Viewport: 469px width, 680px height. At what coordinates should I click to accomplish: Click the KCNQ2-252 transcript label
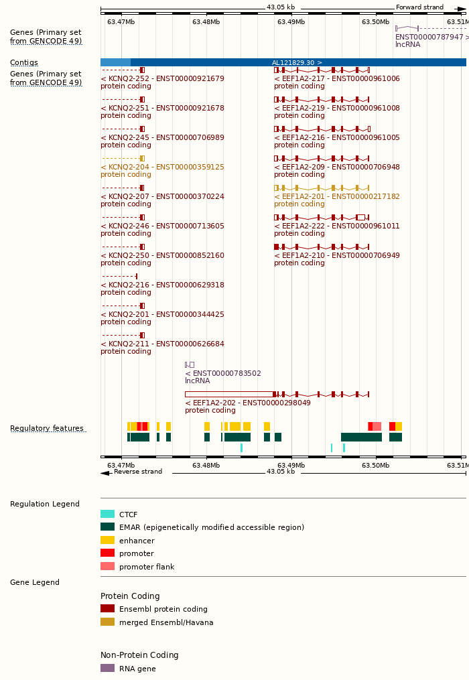pyautogui.click(x=162, y=78)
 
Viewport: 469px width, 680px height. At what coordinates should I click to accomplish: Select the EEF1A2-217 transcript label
pyautogui.click(x=336, y=78)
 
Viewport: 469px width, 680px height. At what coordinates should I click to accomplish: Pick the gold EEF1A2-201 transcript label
pyautogui.click(x=336, y=196)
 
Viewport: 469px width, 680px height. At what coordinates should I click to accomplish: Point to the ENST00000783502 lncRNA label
pyautogui.click(x=223, y=373)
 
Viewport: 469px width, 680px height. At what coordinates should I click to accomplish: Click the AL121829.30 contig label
pyautogui.click(x=297, y=62)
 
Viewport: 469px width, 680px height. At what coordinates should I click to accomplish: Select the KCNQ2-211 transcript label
pyautogui.click(x=162, y=344)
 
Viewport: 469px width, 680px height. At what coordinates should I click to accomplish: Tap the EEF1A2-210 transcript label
pyautogui.click(x=336, y=255)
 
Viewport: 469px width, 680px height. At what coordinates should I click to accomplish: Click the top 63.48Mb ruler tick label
pyautogui.click(x=206, y=22)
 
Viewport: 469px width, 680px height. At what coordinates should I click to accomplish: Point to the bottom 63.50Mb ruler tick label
pyautogui.click(x=375, y=465)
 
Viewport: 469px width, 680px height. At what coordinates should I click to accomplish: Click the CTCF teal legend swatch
pyautogui.click(x=107, y=515)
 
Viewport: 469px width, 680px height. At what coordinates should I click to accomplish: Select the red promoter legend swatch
pyautogui.click(x=107, y=553)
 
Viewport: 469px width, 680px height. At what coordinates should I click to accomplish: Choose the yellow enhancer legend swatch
pyautogui.click(x=107, y=540)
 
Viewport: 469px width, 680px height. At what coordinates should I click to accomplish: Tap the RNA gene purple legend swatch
pyautogui.click(x=107, y=668)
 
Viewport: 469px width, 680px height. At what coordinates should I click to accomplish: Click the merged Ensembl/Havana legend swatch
pyautogui.click(x=107, y=622)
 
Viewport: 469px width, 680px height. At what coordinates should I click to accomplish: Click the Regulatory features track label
pyautogui.click(x=47, y=429)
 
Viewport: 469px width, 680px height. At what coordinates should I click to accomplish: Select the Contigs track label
pyautogui.click(x=24, y=62)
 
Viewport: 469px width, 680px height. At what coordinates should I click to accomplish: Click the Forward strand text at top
pyautogui.click(x=419, y=7)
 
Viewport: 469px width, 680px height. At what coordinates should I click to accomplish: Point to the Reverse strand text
pyautogui.click(x=137, y=472)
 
